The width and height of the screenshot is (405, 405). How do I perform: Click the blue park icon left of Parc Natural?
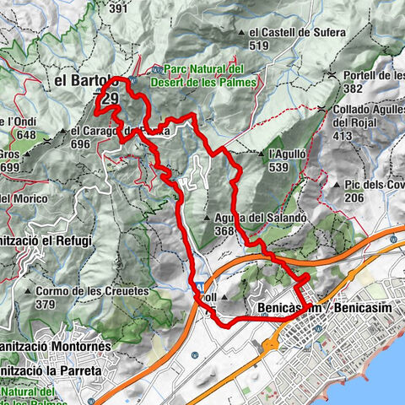tap(158, 69)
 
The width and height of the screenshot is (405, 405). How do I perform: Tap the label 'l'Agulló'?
tap(283, 154)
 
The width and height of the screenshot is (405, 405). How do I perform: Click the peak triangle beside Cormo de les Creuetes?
tap(29, 291)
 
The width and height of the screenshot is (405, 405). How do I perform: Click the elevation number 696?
tap(81, 144)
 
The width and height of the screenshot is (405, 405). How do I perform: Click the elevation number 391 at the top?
tap(142, 8)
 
